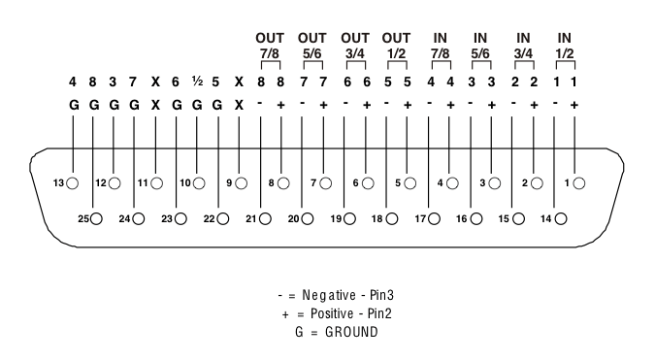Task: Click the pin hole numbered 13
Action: [x=72, y=181]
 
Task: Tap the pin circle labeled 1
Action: [x=580, y=181]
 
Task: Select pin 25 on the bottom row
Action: [x=96, y=219]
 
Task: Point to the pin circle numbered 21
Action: [x=264, y=219]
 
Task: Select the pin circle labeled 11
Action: [x=156, y=181]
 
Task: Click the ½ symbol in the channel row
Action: [x=197, y=82]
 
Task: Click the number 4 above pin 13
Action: [x=72, y=82]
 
